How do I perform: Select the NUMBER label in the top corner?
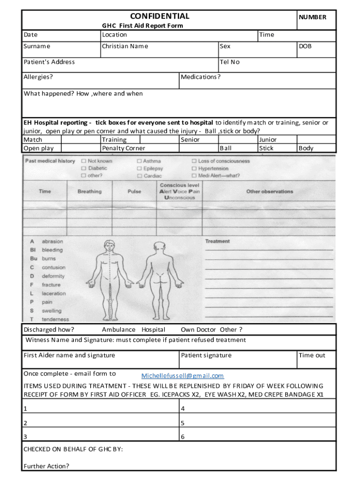312,17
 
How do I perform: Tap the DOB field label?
305,46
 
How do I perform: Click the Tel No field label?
230,62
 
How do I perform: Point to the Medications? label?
201,77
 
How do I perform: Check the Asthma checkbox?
139,161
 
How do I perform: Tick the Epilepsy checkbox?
139,168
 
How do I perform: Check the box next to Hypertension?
194,168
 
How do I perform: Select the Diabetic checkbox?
84,168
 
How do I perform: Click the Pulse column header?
134,191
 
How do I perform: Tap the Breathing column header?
89,191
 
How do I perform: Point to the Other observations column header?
270,191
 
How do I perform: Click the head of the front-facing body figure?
109,246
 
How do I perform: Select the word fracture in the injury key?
51,284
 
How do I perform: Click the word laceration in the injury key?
54,293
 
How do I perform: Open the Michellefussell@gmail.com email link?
182,376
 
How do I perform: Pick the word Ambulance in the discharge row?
119,329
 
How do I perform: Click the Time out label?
312,355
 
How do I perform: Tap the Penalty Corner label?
123,148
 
